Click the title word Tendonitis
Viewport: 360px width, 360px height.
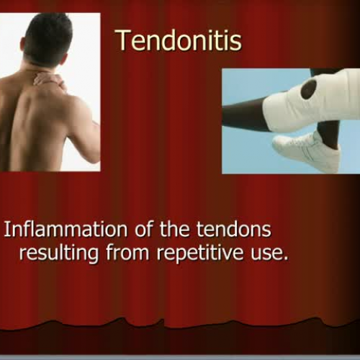pyautogui.click(x=178, y=40)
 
